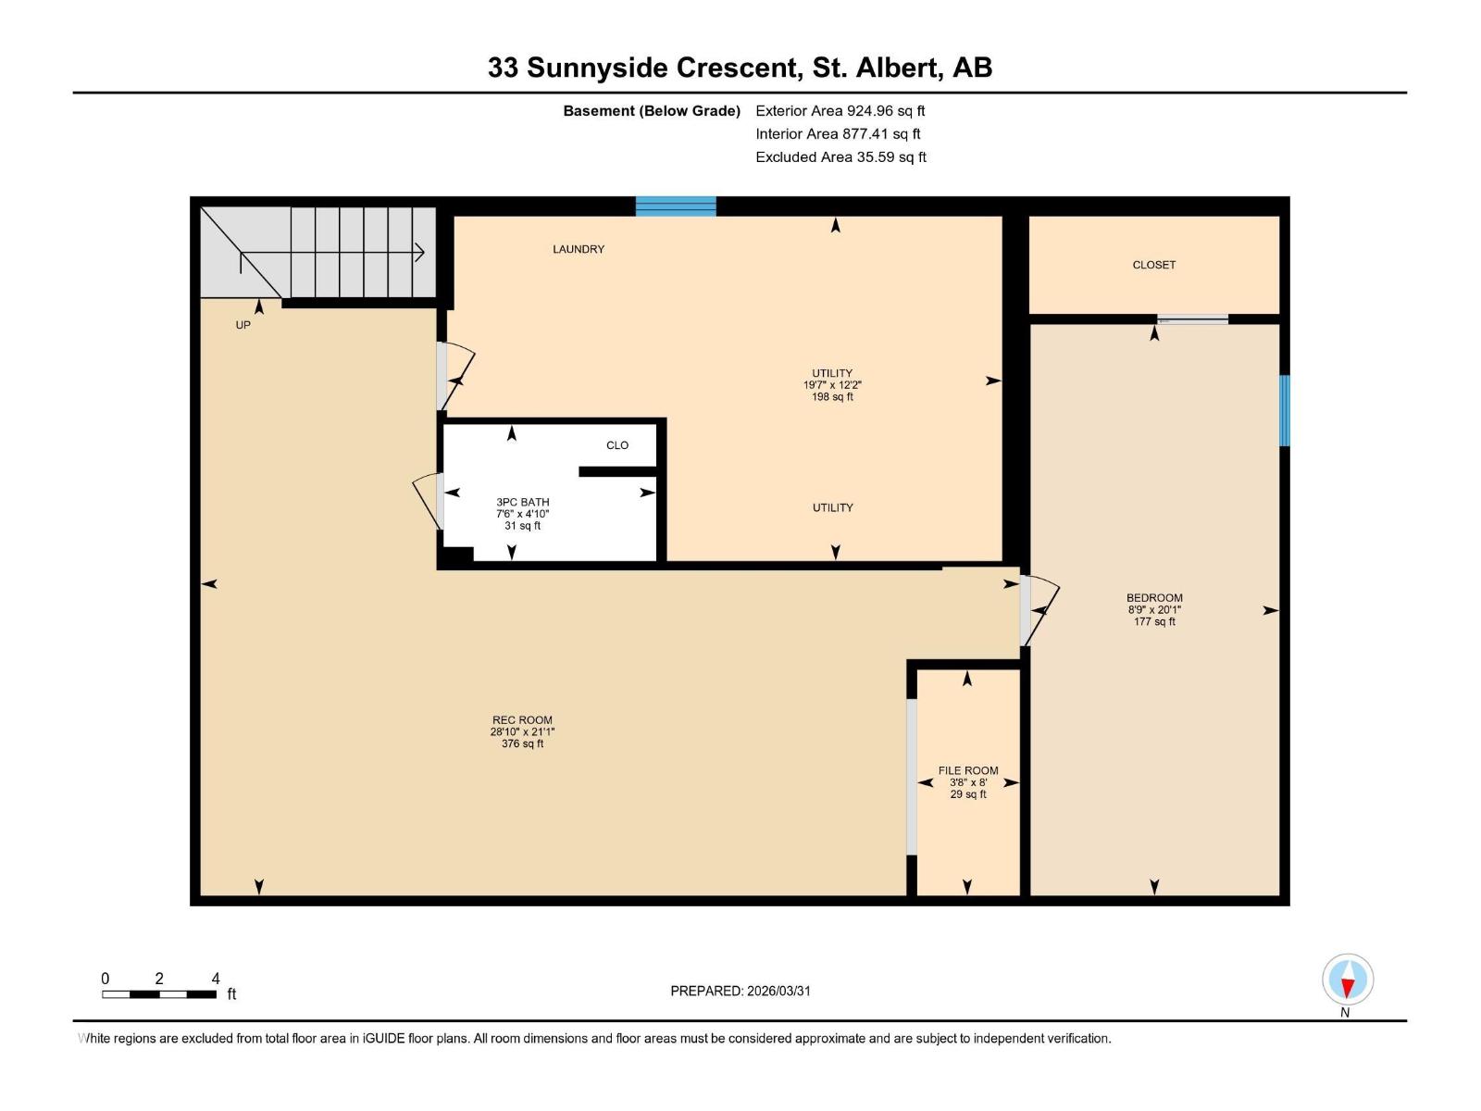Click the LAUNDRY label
[579, 249]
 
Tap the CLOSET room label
[1153, 265]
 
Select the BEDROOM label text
[1154, 598]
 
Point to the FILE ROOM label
[968, 770]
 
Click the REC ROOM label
[522, 720]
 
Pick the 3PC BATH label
[522, 502]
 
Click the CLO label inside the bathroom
[617, 445]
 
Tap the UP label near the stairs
[243, 325]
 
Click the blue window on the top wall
[676, 206]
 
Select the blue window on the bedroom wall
[1284, 410]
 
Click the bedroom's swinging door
[1039, 610]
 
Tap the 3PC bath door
[428, 500]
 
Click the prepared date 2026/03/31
[740, 991]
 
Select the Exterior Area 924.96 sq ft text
[840, 111]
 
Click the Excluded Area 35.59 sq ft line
[840, 157]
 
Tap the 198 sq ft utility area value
[832, 397]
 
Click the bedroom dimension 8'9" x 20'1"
[1154, 610]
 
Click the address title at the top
[740, 68]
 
